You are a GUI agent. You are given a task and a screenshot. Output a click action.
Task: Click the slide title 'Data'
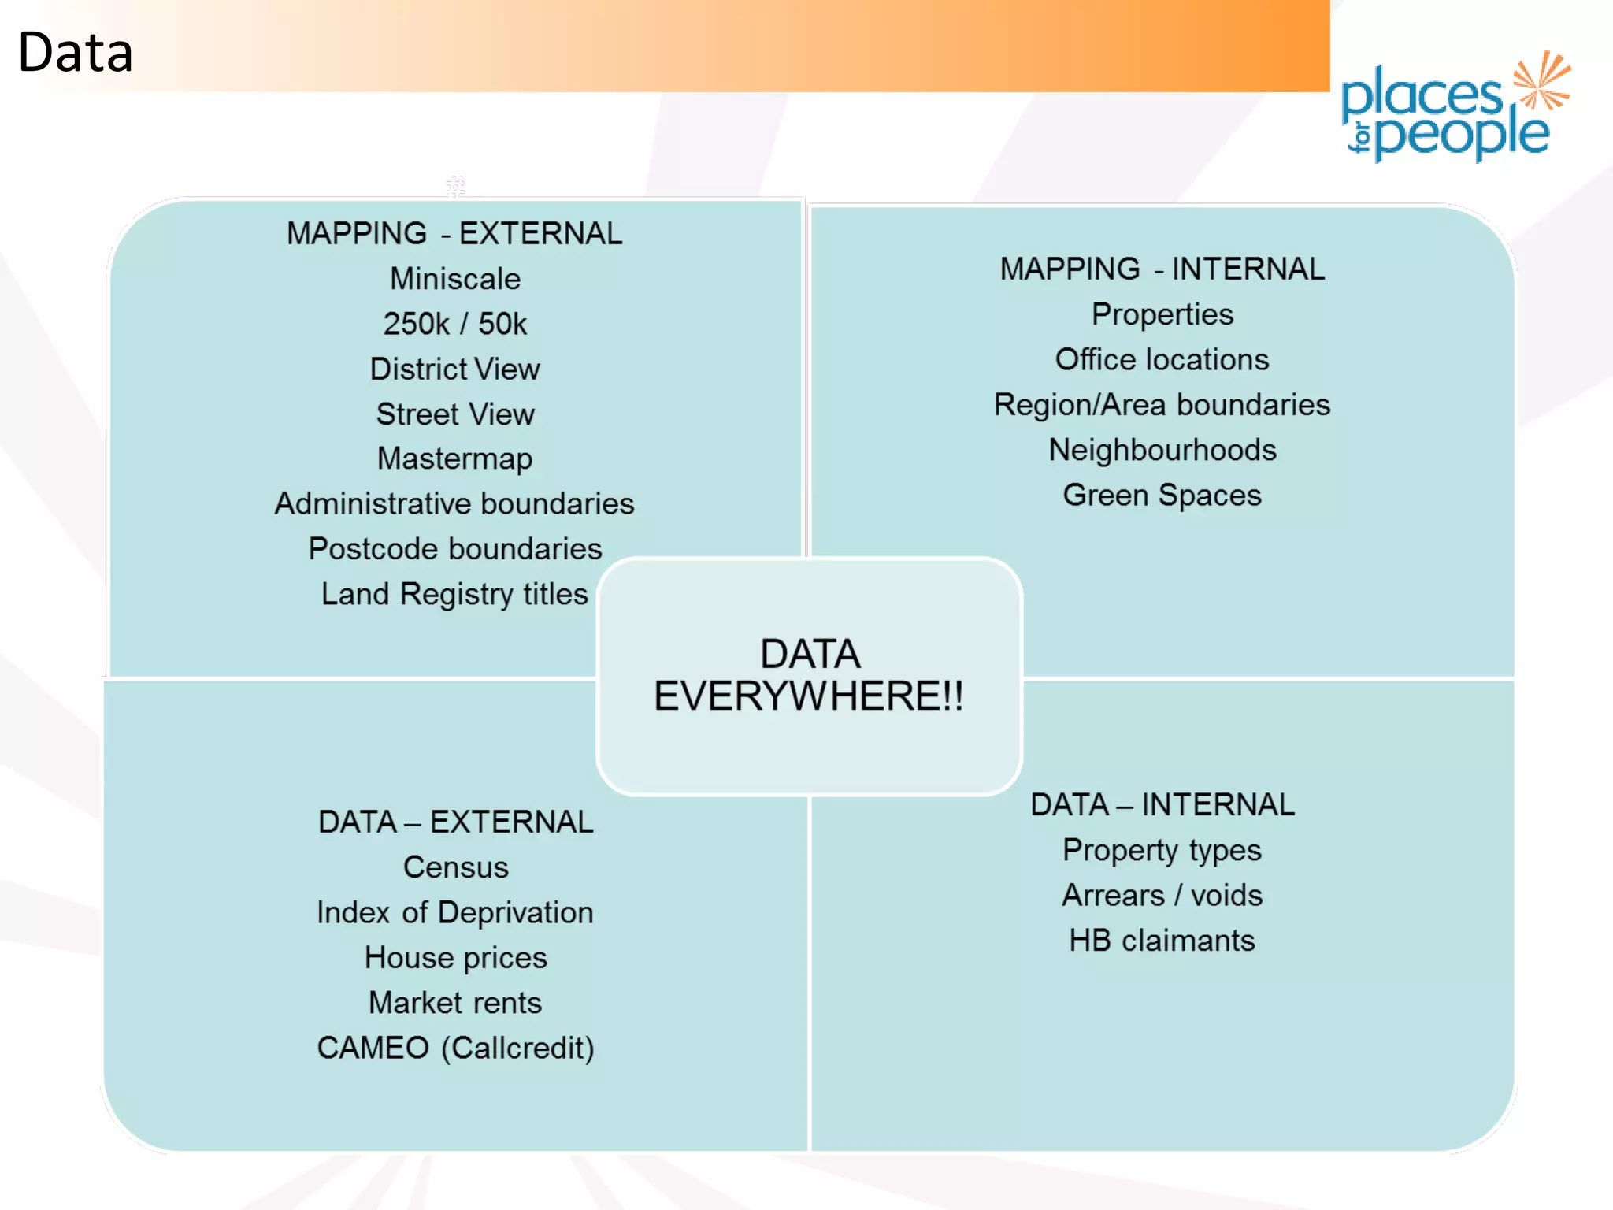pos(75,53)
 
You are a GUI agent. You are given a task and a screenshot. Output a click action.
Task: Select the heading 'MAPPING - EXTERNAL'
pos(454,233)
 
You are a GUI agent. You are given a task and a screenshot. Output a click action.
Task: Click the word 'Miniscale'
pos(455,279)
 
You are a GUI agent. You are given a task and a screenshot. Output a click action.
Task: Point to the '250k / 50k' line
pos(455,324)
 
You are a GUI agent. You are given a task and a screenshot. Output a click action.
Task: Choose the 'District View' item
pos(455,369)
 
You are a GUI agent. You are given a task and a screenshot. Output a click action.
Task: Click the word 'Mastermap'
pos(455,458)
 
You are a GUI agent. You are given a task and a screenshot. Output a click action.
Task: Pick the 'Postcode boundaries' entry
pos(455,548)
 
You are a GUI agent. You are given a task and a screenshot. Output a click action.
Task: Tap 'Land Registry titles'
pos(454,594)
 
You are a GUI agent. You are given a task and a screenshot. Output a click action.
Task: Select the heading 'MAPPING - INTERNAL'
pos(1162,269)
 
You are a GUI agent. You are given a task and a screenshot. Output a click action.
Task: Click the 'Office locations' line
pos(1162,359)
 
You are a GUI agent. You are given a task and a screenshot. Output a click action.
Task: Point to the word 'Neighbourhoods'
pos(1162,450)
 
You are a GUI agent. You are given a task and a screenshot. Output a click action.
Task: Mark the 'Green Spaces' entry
pos(1162,495)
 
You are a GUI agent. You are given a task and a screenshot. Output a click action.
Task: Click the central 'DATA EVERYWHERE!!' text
pos(809,675)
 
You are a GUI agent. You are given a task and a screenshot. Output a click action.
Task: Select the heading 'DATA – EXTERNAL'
pos(455,822)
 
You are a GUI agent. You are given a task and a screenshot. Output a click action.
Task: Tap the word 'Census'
pos(455,867)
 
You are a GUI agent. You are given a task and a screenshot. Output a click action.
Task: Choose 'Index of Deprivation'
pos(455,912)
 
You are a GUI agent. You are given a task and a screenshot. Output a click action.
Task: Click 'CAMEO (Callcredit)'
pos(455,1048)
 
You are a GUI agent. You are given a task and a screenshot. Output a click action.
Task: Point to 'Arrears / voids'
pos(1162,895)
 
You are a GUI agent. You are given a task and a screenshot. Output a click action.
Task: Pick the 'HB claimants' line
pos(1162,941)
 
